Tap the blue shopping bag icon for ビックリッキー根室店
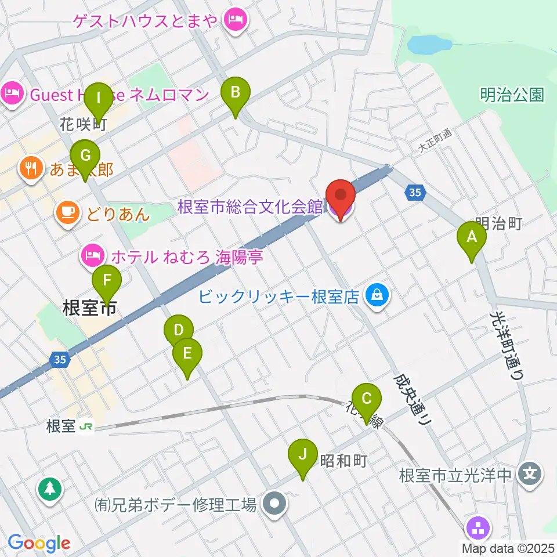point(378,296)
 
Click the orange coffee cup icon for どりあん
point(68,213)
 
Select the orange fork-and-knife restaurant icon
point(29,169)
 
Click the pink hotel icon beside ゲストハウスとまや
point(236,21)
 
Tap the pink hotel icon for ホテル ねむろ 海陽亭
point(93,255)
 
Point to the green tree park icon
point(50,489)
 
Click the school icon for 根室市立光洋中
point(530,475)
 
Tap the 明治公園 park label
point(512,95)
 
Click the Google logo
point(39,544)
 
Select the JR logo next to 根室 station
point(86,426)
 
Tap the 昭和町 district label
point(344,461)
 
